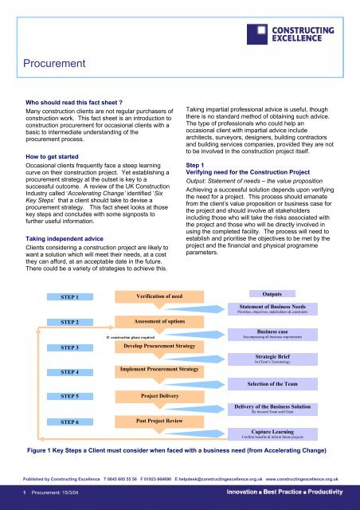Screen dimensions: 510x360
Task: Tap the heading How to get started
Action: [x=57, y=158]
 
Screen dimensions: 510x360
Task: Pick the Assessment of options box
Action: [x=155, y=322]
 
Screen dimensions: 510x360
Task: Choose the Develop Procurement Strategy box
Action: [x=155, y=347]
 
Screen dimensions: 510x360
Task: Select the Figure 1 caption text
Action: [x=180, y=452]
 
